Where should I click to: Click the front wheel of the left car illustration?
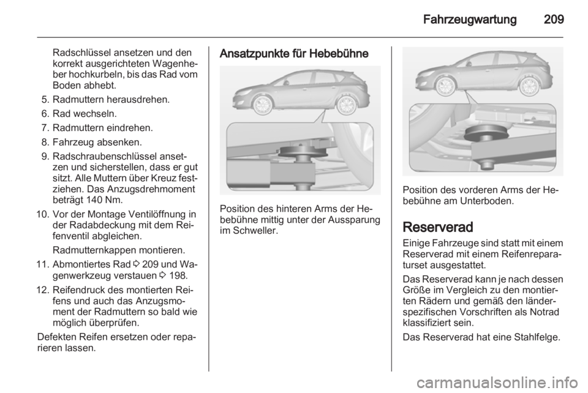(257, 102)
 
